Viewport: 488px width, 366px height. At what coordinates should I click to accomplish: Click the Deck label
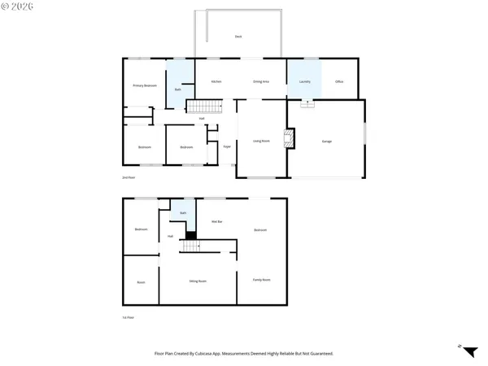coord(238,37)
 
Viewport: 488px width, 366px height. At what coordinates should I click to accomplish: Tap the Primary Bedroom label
coord(145,85)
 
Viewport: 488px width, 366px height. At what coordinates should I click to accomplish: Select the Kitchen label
coord(216,82)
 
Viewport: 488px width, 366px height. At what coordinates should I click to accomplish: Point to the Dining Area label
coord(261,82)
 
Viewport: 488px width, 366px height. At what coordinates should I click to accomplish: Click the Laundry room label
coord(305,82)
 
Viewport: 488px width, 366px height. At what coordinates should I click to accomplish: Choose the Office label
coord(340,82)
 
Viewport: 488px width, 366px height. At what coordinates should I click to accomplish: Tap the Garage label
coord(326,142)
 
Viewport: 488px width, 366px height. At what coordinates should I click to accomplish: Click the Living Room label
coord(261,142)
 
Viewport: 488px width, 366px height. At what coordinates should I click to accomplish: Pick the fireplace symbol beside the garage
coord(287,138)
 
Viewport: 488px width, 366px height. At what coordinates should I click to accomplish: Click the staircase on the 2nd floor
coord(205,107)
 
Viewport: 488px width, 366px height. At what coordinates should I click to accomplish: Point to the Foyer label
coord(227,147)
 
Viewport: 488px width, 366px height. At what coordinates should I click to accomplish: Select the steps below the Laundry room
coord(307,103)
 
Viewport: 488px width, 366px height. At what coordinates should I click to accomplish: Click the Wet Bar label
coord(216,221)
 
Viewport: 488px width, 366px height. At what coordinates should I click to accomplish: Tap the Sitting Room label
coord(196,281)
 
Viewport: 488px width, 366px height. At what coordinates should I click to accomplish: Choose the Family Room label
coord(261,280)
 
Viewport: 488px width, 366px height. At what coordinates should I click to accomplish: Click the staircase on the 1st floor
coord(193,247)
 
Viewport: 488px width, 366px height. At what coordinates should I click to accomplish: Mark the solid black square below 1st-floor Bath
coord(191,236)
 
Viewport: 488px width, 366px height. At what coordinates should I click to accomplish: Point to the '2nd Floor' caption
coord(128,176)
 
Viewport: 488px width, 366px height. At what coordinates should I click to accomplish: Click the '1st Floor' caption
coord(128,317)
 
